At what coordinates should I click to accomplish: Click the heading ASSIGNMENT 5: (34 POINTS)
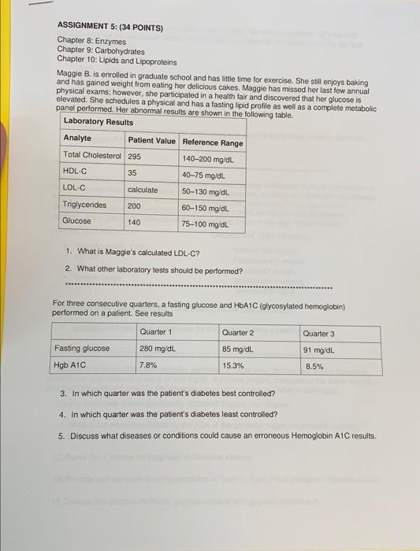pyautogui.click(x=110, y=28)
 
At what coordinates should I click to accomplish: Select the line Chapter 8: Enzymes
pyautogui.click(x=91, y=40)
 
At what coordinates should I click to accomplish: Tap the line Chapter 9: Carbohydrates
pyautogui.click(x=102, y=50)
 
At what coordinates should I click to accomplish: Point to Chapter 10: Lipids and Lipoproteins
pyautogui.click(x=117, y=60)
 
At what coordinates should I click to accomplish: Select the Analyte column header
pyautogui.click(x=77, y=139)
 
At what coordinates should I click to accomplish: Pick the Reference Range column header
pyautogui.click(x=213, y=142)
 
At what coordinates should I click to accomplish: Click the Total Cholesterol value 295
pyautogui.click(x=134, y=157)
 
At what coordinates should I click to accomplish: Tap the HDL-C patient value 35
pyautogui.click(x=132, y=172)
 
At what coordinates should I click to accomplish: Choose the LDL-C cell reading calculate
pyautogui.click(x=143, y=189)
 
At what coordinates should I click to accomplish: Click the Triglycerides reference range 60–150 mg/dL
pyautogui.click(x=206, y=209)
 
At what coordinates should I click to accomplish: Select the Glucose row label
pyautogui.click(x=76, y=221)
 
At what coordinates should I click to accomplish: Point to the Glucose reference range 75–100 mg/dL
pyautogui.click(x=206, y=224)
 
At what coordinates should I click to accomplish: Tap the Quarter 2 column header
pyautogui.click(x=238, y=332)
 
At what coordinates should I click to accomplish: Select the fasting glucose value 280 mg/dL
pyautogui.click(x=157, y=348)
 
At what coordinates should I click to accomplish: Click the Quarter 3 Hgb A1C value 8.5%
pyautogui.click(x=314, y=366)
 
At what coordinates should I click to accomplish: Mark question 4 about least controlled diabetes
pyautogui.click(x=168, y=414)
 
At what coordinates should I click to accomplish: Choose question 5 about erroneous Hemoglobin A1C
pyautogui.click(x=217, y=436)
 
